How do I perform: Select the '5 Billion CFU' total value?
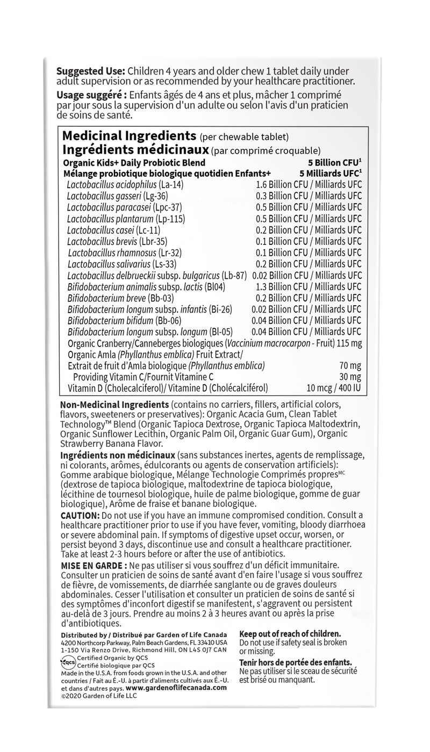click(x=329, y=162)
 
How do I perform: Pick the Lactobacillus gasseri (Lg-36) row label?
click(x=111, y=196)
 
